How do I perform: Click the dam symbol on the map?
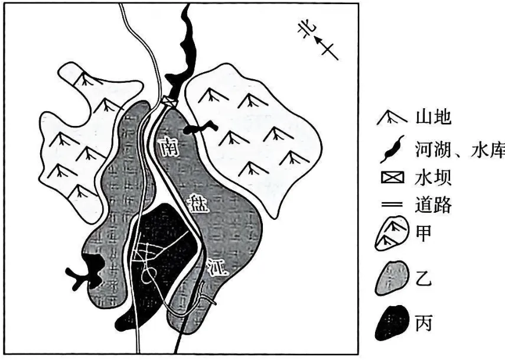pos(170,101)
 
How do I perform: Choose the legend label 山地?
pos(433,117)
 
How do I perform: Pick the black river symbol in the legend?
pos(392,149)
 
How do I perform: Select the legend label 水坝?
pos(433,177)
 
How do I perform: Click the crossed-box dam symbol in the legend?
pos(393,177)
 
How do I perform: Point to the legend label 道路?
pos(433,205)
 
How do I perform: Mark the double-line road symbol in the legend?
pos(392,205)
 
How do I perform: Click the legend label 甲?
pos(423,233)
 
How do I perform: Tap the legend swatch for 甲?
pos(392,233)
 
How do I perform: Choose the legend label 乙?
pos(423,279)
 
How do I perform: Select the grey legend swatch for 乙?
pos(392,278)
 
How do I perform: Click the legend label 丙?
pos(423,323)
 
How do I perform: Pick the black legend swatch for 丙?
pos(392,323)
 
